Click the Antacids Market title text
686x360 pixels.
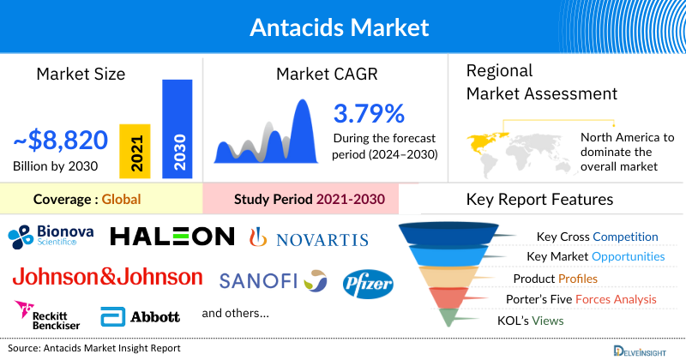coord(339,27)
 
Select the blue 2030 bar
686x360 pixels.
coord(178,129)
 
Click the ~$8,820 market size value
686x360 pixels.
coord(60,140)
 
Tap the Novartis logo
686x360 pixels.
coord(308,239)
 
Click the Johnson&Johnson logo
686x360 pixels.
coord(107,278)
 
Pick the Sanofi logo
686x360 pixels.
coord(273,280)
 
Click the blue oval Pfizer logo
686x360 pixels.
coord(368,282)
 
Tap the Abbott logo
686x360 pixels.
coord(141,316)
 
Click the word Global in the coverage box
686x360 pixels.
coord(121,200)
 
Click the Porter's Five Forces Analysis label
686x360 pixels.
coord(584,299)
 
